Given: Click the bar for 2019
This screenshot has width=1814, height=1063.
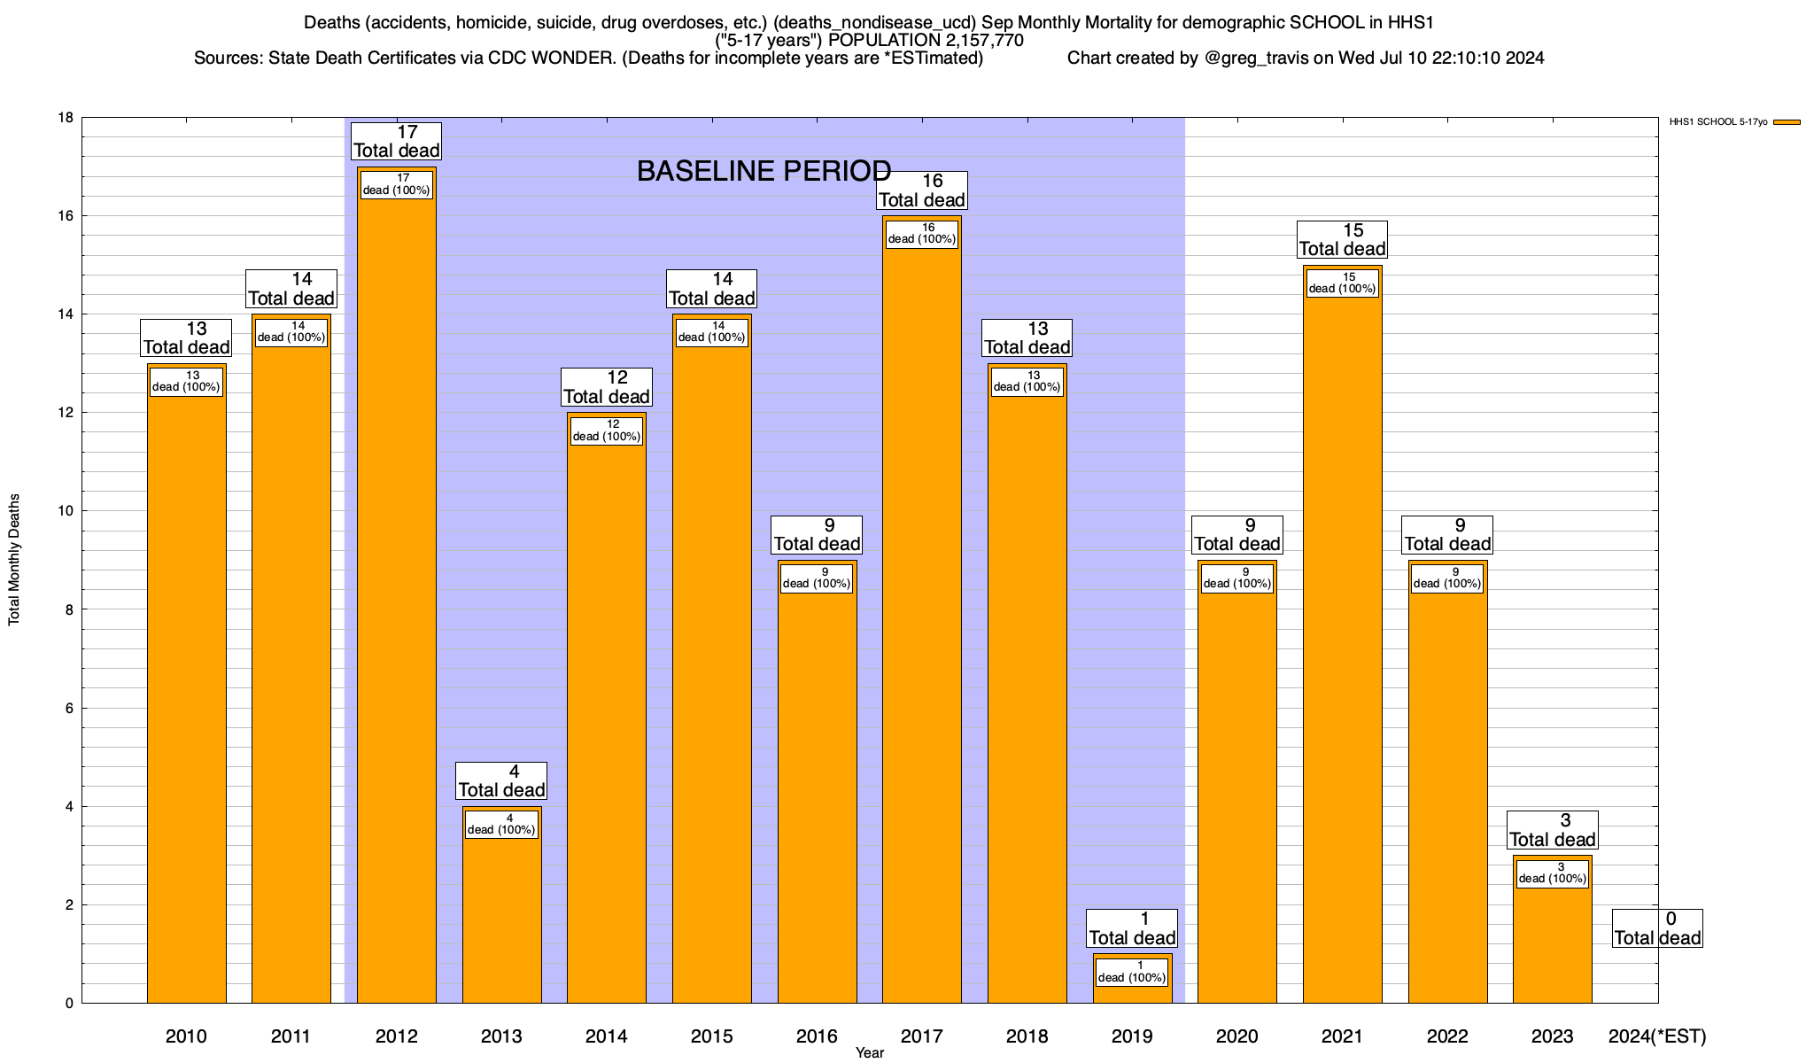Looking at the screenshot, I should click(x=1132, y=992).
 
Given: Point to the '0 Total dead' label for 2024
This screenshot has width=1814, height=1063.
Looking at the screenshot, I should click(x=1656, y=928).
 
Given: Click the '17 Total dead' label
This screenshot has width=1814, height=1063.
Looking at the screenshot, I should click(x=397, y=142).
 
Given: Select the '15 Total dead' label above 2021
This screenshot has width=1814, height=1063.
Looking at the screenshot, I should click(x=1342, y=240).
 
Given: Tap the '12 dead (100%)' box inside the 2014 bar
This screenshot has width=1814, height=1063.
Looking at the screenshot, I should click(x=606, y=431).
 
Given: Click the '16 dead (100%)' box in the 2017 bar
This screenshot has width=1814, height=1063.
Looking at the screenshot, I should click(x=921, y=234).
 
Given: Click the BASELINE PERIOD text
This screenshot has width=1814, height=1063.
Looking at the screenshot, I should click(x=764, y=171).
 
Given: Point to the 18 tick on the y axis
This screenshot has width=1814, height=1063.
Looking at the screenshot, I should click(x=66, y=118).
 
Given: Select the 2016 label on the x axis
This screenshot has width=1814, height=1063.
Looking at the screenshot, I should click(x=817, y=1036).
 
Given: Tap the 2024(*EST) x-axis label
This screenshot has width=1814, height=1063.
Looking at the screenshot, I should click(x=1656, y=1036).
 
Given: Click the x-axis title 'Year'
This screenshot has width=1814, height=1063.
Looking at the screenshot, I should click(x=869, y=1053).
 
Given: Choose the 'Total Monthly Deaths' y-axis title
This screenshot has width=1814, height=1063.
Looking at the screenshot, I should click(x=14, y=560).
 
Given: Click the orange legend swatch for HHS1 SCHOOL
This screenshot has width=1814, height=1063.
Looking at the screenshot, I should click(x=1787, y=122).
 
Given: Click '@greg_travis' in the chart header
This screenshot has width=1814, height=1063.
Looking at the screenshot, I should click(x=1256, y=58).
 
